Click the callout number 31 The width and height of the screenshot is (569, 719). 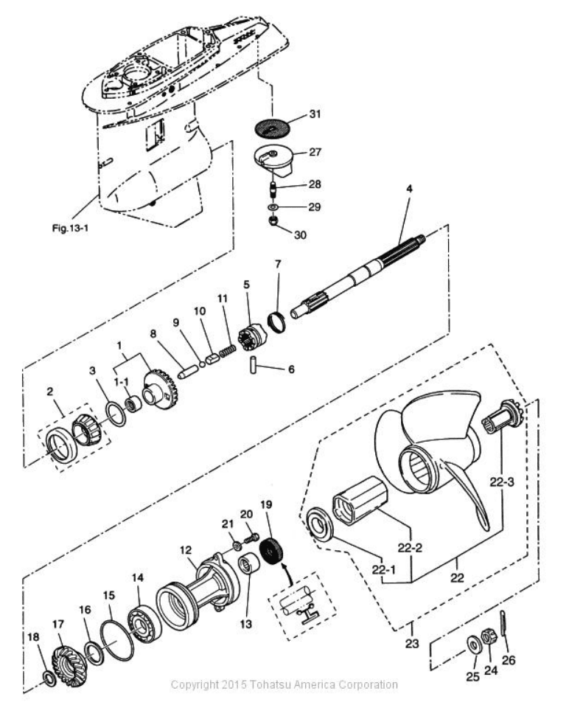click(x=315, y=114)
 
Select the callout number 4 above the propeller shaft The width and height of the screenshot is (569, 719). click(x=409, y=189)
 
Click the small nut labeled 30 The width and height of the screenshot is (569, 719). click(x=273, y=220)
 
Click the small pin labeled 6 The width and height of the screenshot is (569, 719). click(x=254, y=364)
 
